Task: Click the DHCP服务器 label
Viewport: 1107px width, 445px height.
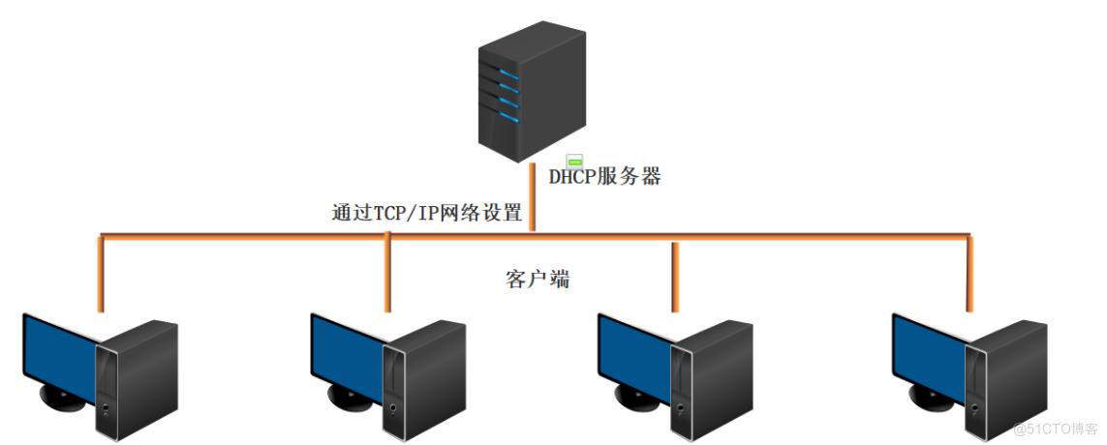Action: tap(604, 177)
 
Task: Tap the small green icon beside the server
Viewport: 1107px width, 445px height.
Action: tap(574, 161)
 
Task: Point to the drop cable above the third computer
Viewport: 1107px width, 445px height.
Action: tap(675, 276)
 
